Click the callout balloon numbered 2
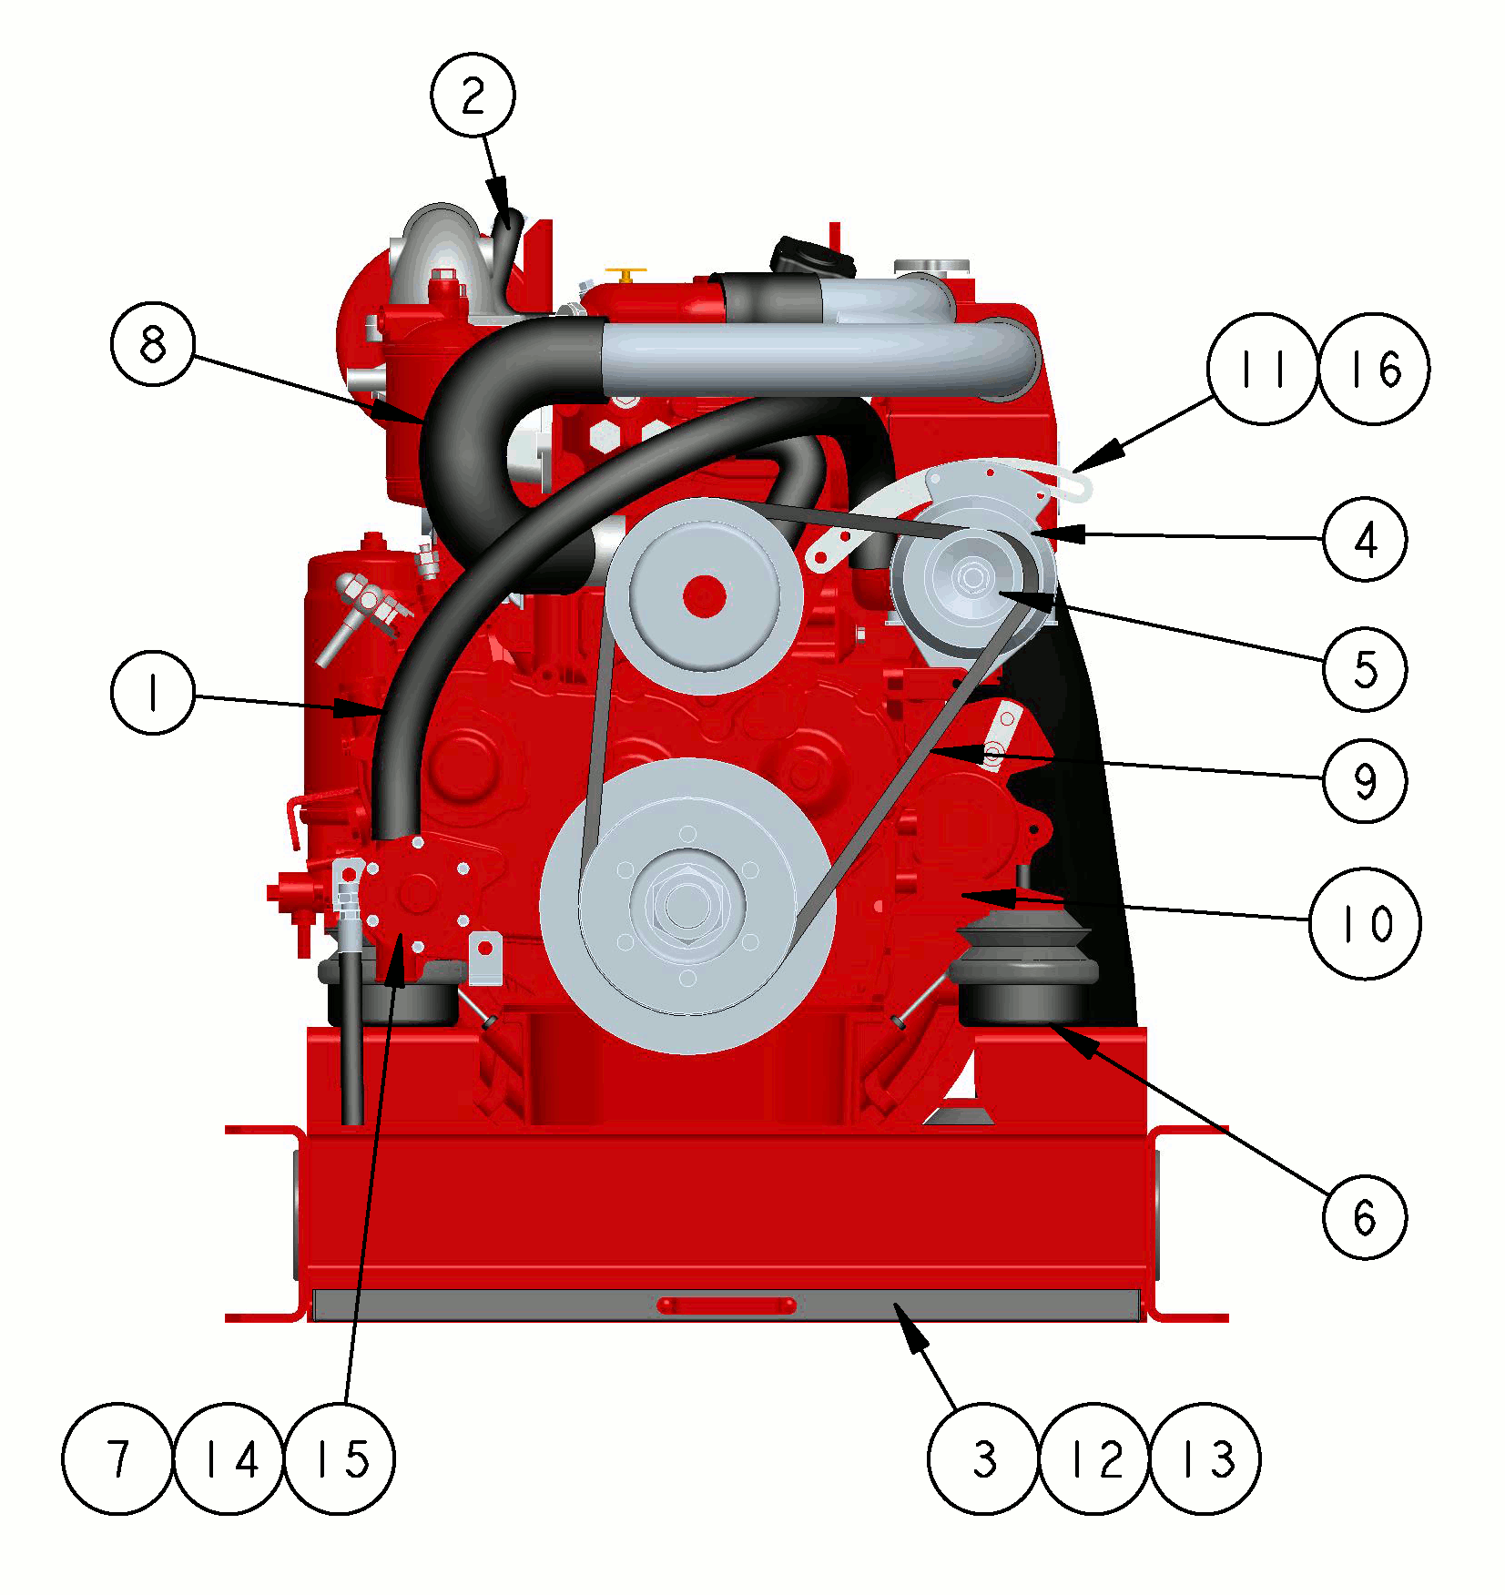pos(473,95)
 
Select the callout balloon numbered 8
pos(153,343)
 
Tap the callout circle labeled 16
pos(1374,369)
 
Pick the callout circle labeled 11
pos(1263,369)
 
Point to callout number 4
pos(1365,539)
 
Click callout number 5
pos(1365,669)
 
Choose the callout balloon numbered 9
pos(1365,780)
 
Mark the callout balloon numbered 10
pos(1365,923)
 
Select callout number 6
pos(1365,1216)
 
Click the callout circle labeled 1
pos(153,692)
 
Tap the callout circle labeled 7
pos(117,1458)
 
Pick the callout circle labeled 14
pos(229,1458)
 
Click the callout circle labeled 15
pos(340,1458)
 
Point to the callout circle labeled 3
pos(983,1458)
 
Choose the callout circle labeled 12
pos(1094,1458)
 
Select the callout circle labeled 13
pos(1205,1458)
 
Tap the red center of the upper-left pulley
pos(704,597)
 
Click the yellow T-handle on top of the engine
pos(626,274)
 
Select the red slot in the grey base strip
pos(727,1305)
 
